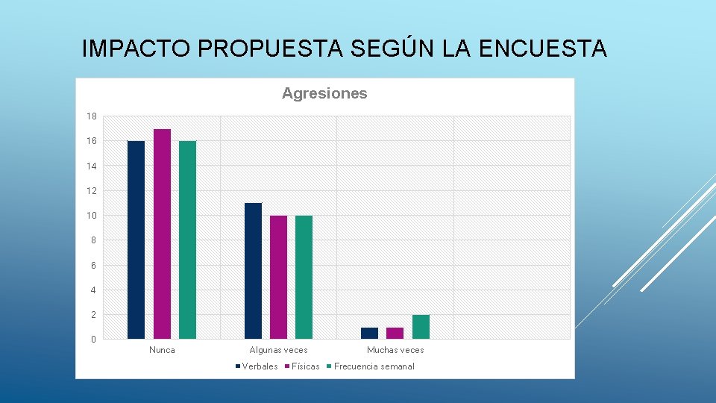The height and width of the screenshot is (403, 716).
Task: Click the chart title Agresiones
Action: (x=324, y=93)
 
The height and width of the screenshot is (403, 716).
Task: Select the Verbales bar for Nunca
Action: (x=136, y=239)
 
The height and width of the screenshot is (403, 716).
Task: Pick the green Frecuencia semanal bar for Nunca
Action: (x=187, y=239)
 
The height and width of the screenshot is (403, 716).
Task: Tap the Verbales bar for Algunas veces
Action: (x=253, y=270)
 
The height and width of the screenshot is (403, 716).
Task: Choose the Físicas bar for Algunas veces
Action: (x=278, y=277)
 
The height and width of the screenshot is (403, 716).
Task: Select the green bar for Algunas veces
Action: (x=304, y=277)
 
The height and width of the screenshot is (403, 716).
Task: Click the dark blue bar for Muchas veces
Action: (x=369, y=333)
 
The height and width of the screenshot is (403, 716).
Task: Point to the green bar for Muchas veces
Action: (x=421, y=327)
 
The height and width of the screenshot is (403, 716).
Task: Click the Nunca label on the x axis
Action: (x=162, y=350)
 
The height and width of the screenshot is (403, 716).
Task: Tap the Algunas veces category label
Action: (x=278, y=350)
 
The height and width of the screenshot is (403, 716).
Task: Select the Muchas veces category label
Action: (x=395, y=350)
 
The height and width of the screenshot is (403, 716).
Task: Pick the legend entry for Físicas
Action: (x=305, y=366)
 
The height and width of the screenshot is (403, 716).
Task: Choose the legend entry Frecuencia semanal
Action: (x=374, y=366)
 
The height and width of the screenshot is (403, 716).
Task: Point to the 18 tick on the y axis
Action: (x=91, y=116)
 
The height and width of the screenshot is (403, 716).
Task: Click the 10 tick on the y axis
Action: (x=91, y=216)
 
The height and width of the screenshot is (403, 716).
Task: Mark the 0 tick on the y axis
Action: (x=93, y=340)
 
